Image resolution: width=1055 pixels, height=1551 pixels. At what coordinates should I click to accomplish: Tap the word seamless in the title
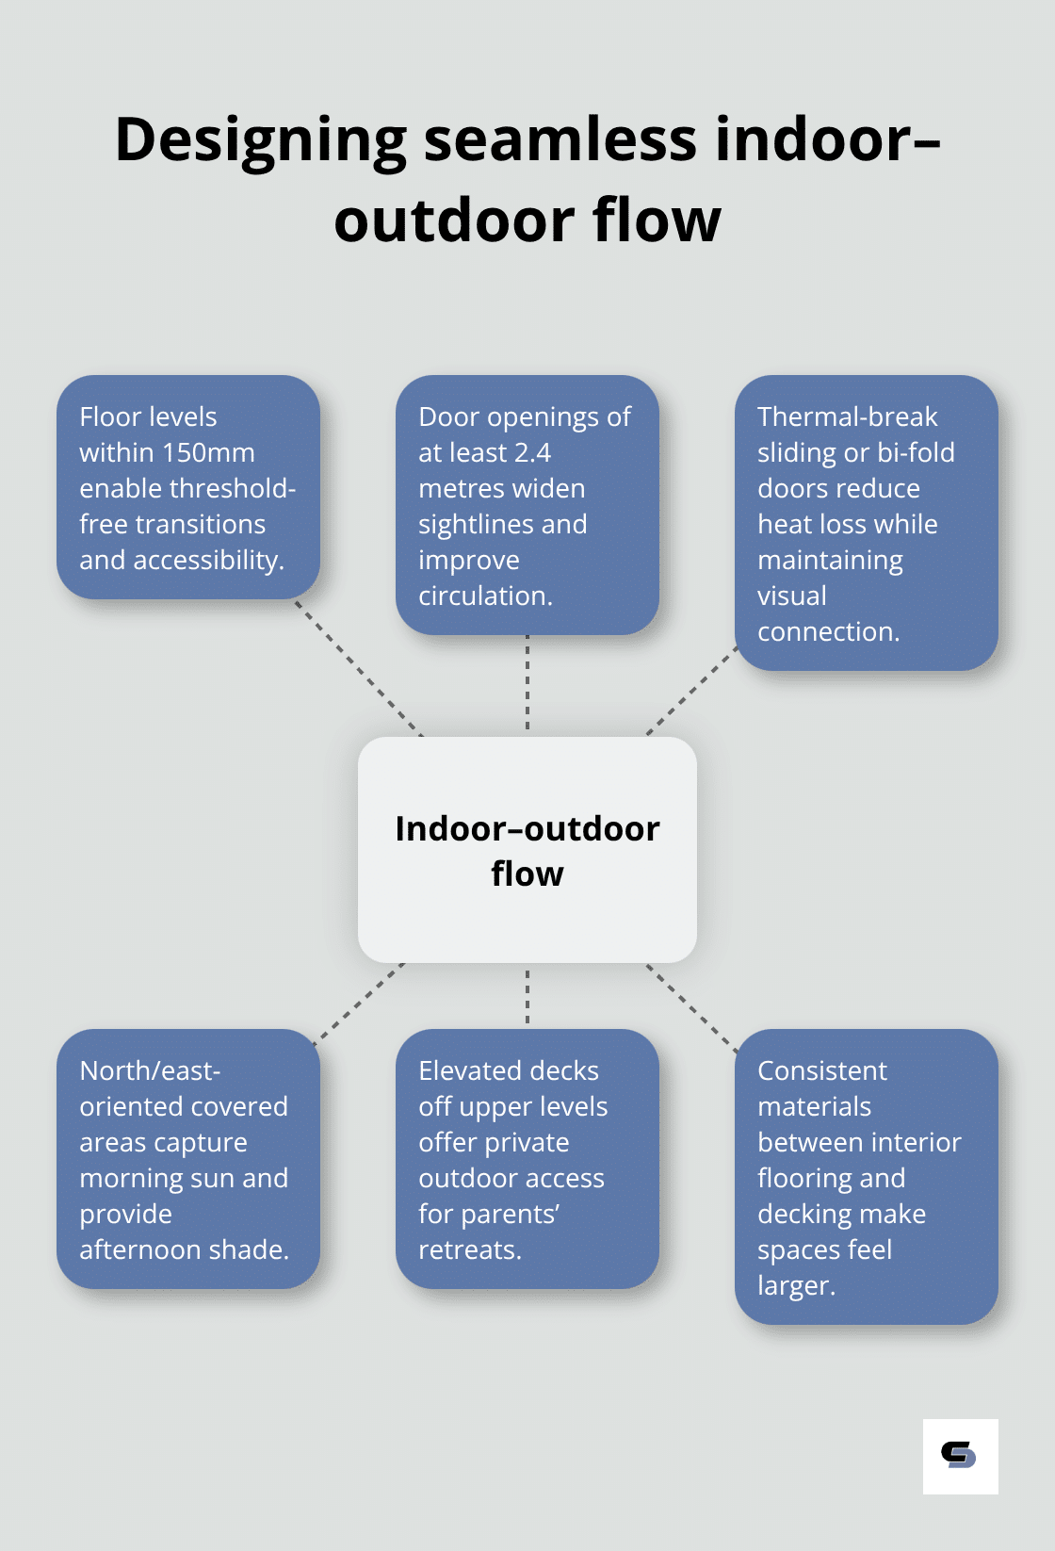pyautogui.click(x=560, y=139)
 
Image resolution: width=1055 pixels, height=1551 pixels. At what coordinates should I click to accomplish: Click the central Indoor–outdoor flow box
pyautogui.click(x=527, y=850)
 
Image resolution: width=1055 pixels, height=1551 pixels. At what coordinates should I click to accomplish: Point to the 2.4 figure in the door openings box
pyautogui.click(x=533, y=453)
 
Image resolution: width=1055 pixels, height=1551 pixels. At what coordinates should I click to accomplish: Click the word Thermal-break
pyautogui.click(x=847, y=416)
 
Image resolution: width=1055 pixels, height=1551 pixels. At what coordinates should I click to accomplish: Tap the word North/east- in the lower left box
pyautogui.click(x=150, y=1070)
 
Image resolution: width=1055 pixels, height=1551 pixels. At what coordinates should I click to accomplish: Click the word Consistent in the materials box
pyautogui.click(x=821, y=1070)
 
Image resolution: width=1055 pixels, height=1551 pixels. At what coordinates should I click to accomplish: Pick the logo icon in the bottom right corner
pyautogui.click(x=960, y=1456)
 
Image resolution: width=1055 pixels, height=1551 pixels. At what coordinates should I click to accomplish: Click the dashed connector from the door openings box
pyautogui.click(x=527, y=685)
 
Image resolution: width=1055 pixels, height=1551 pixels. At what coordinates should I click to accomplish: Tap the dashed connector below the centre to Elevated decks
pyautogui.click(x=527, y=996)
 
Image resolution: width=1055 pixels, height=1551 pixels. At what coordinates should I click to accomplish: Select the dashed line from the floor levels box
pyautogui.click(x=358, y=667)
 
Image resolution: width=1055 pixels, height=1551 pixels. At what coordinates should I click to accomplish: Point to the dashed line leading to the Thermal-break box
pyautogui.click(x=691, y=691)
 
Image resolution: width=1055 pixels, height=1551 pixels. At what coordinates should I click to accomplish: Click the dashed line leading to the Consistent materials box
pyautogui.click(x=691, y=1006)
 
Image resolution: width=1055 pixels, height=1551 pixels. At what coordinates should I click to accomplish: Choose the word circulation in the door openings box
pyautogui.click(x=483, y=596)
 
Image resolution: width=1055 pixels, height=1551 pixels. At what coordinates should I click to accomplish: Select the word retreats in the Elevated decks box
pyautogui.click(x=467, y=1250)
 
